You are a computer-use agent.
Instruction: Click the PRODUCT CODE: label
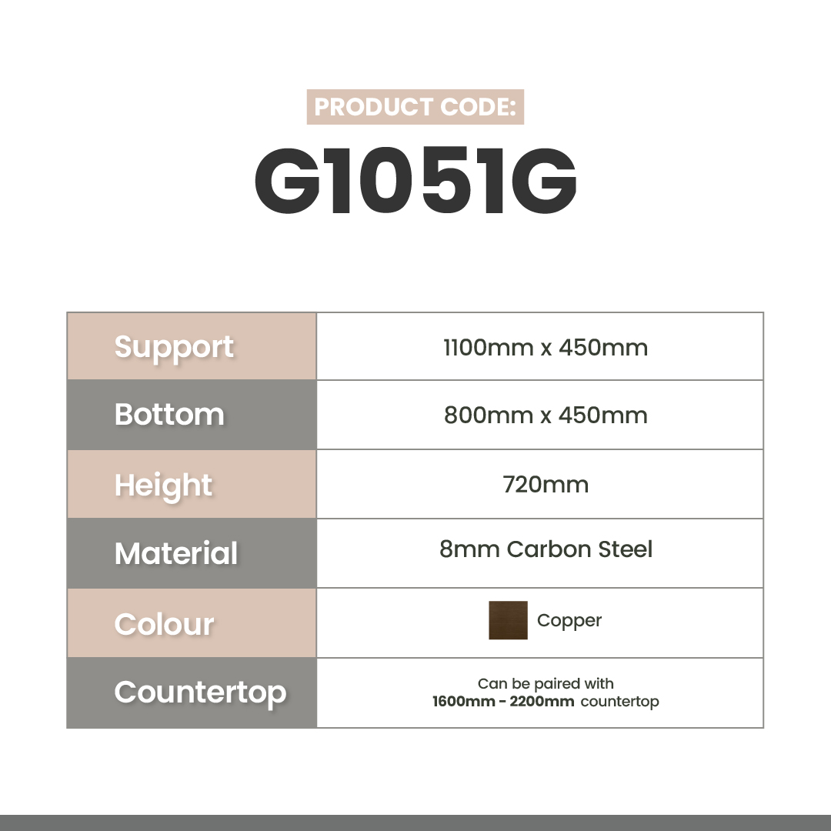click(415, 106)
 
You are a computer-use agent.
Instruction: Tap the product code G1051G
click(415, 181)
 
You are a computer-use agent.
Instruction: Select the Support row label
click(174, 348)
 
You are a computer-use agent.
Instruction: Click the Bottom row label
click(169, 415)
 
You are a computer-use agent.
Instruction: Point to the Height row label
click(163, 486)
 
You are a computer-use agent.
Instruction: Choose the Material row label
click(176, 553)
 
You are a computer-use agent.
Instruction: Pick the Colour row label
click(165, 624)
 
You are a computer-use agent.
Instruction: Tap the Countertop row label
click(200, 692)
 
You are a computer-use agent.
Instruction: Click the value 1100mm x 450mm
click(546, 348)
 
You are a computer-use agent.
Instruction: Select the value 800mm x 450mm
click(546, 415)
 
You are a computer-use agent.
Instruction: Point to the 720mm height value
click(546, 485)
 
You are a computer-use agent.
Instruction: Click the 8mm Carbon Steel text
click(546, 549)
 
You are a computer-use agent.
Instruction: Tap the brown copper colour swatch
click(508, 620)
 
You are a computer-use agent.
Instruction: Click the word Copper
click(569, 621)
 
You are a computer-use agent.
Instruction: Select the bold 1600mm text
click(464, 701)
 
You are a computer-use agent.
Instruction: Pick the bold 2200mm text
click(542, 701)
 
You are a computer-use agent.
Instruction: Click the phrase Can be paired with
click(546, 684)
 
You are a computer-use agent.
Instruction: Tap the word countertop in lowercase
click(619, 702)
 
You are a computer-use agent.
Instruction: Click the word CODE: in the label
click(478, 106)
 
